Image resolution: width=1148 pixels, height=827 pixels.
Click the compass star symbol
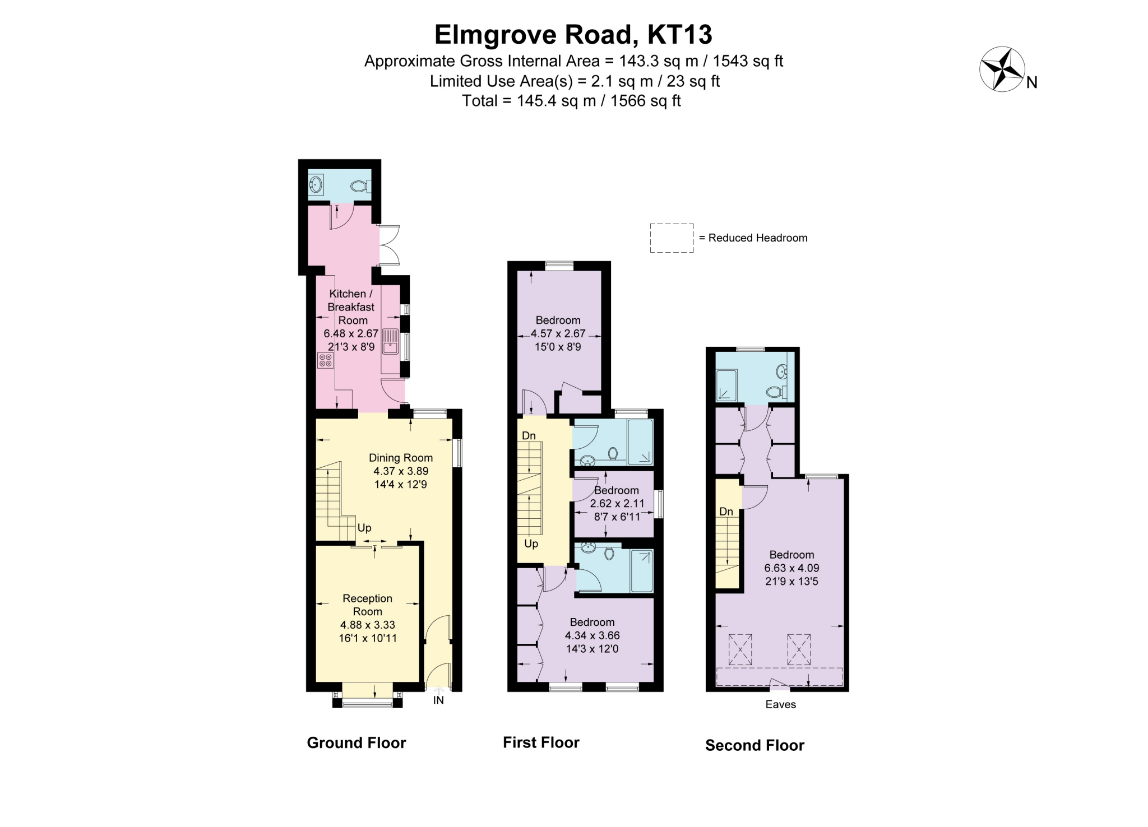click(x=1002, y=69)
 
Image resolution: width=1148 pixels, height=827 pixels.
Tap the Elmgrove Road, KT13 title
click(x=573, y=34)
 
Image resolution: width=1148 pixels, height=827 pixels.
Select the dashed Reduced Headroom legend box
click(x=672, y=238)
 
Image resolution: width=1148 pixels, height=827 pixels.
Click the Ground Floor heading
click(x=356, y=743)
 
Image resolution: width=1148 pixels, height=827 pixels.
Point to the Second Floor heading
click(x=754, y=745)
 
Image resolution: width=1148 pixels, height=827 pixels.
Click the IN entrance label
click(x=438, y=700)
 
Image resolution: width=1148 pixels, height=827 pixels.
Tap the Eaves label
click(x=780, y=704)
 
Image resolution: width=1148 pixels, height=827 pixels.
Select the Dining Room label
click(x=401, y=458)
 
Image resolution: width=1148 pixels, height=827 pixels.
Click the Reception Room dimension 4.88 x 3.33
click(x=368, y=625)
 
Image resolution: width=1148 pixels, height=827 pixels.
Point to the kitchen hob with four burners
click(x=325, y=360)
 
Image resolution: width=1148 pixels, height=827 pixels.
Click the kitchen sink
click(x=390, y=342)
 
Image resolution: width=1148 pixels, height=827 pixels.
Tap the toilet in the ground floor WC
click(x=358, y=186)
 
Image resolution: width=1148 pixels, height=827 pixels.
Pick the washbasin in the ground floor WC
click(x=317, y=184)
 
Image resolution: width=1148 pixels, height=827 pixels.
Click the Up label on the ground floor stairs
click(x=364, y=528)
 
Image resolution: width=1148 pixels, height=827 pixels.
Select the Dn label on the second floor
click(x=726, y=512)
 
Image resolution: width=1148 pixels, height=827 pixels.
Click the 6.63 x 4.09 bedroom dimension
click(x=791, y=568)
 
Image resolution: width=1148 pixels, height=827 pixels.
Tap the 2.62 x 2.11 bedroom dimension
click(x=617, y=504)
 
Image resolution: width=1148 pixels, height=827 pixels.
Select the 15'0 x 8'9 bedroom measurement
click(x=558, y=347)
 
